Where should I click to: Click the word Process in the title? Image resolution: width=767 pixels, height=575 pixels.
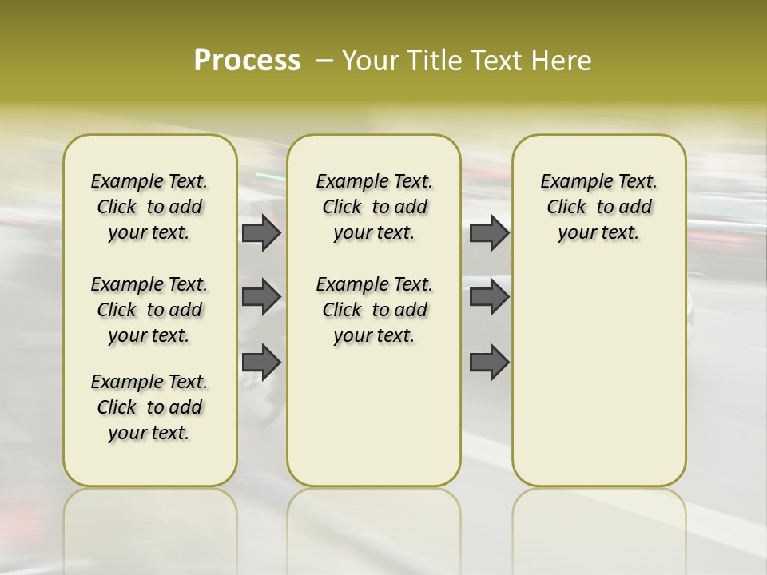click(247, 60)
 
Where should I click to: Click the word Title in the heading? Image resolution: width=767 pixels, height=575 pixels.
click(431, 61)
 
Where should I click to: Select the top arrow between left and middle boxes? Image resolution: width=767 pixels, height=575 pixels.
click(261, 233)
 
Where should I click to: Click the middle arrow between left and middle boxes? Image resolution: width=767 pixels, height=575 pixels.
click(261, 297)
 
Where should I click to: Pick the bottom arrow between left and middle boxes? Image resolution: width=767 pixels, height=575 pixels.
click(261, 363)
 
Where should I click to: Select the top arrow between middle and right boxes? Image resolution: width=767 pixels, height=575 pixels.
click(489, 233)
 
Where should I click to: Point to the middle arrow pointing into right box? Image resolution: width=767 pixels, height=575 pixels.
click(489, 297)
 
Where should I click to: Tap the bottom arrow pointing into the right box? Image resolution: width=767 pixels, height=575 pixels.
click(489, 363)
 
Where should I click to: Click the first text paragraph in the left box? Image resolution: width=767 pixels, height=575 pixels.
click(149, 207)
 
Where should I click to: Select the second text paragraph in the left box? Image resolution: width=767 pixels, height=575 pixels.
click(149, 310)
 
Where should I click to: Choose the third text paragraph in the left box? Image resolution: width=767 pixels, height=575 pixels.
click(149, 407)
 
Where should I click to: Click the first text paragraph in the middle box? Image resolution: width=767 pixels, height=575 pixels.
click(374, 207)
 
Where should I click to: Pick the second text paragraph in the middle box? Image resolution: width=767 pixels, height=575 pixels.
click(374, 310)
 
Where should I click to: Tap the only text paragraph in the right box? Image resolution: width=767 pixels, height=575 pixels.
click(598, 207)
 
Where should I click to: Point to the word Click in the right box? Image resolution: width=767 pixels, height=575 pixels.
click(566, 208)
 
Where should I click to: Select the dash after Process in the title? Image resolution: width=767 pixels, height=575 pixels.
click(324, 61)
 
